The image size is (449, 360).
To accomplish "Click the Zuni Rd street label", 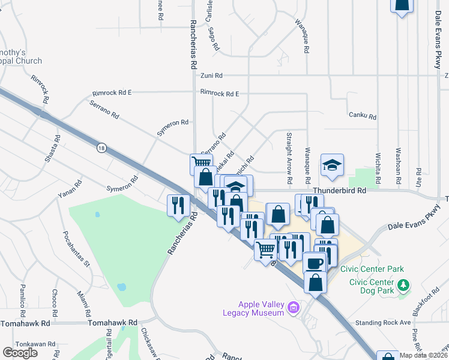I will pos(211,76).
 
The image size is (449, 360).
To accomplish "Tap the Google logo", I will pos(20,352).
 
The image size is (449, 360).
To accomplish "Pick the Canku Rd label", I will pos(362,116).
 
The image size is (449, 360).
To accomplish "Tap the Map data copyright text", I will pos(423,355).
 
